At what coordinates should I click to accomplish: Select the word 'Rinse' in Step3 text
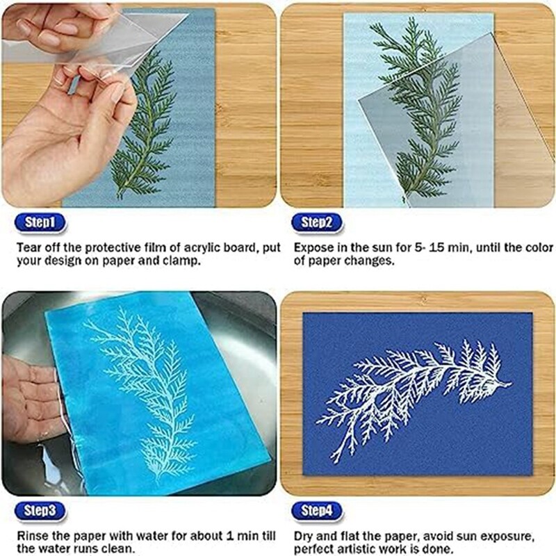click(x=33, y=537)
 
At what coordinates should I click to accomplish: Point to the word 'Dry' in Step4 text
click(x=304, y=537)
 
